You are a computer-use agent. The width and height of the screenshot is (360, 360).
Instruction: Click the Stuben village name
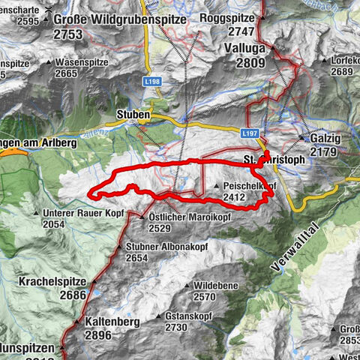click(x=133, y=114)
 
